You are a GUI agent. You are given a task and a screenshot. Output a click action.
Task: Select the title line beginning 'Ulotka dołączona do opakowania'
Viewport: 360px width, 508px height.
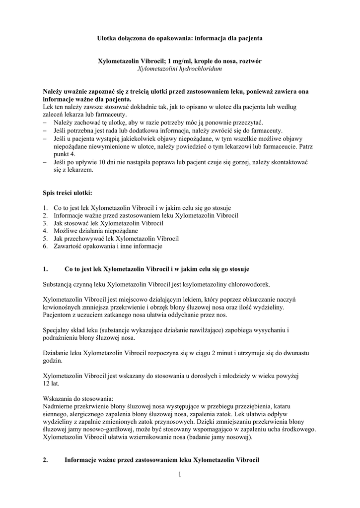point(179,38)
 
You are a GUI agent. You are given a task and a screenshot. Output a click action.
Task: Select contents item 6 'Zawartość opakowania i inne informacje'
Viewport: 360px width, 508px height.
point(108,246)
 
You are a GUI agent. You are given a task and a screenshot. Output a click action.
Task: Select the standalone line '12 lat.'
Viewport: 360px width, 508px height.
point(52,382)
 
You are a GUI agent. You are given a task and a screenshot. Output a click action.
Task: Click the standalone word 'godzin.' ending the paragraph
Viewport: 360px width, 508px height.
point(53,360)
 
